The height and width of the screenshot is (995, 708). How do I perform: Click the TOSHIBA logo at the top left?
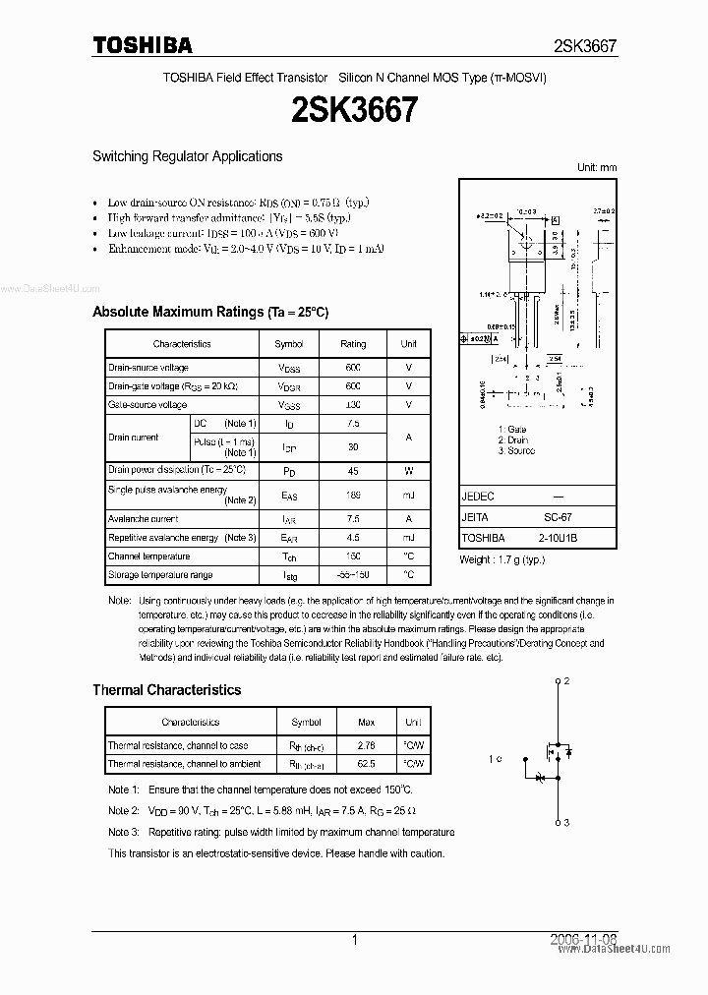click(x=142, y=45)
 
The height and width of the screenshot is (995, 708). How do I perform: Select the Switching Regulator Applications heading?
click(x=187, y=156)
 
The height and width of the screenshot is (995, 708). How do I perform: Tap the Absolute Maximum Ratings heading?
click(x=209, y=312)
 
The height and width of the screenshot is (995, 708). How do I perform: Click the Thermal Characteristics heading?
click(x=166, y=690)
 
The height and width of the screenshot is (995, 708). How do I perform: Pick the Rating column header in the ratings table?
click(x=353, y=344)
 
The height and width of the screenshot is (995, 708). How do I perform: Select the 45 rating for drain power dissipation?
click(x=353, y=470)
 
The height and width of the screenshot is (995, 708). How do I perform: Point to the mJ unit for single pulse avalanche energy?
click(x=408, y=495)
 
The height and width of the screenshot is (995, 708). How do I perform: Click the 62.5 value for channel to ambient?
click(x=367, y=763)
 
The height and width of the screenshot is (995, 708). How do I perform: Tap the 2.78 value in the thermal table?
click(x=367, y=745)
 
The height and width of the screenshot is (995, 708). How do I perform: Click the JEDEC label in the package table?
click(x=478, y=497)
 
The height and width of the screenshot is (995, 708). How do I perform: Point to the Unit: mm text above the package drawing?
click(x=596, y=168)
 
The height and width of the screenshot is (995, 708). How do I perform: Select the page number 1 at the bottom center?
click(x=354, y=941)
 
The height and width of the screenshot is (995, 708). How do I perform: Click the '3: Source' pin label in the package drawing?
click(x=517, y=450)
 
